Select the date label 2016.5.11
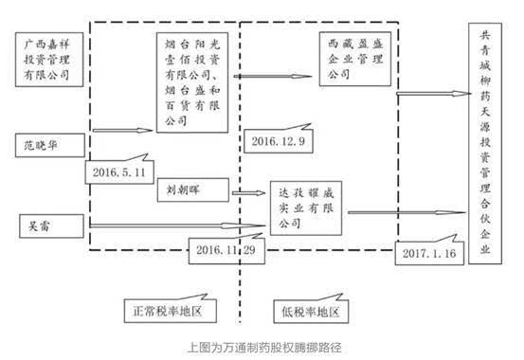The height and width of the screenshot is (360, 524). (x=117, y=171)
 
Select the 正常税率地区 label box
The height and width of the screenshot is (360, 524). (x=175, y=309)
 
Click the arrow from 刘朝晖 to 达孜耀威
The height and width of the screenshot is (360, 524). (x=248, y=193)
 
